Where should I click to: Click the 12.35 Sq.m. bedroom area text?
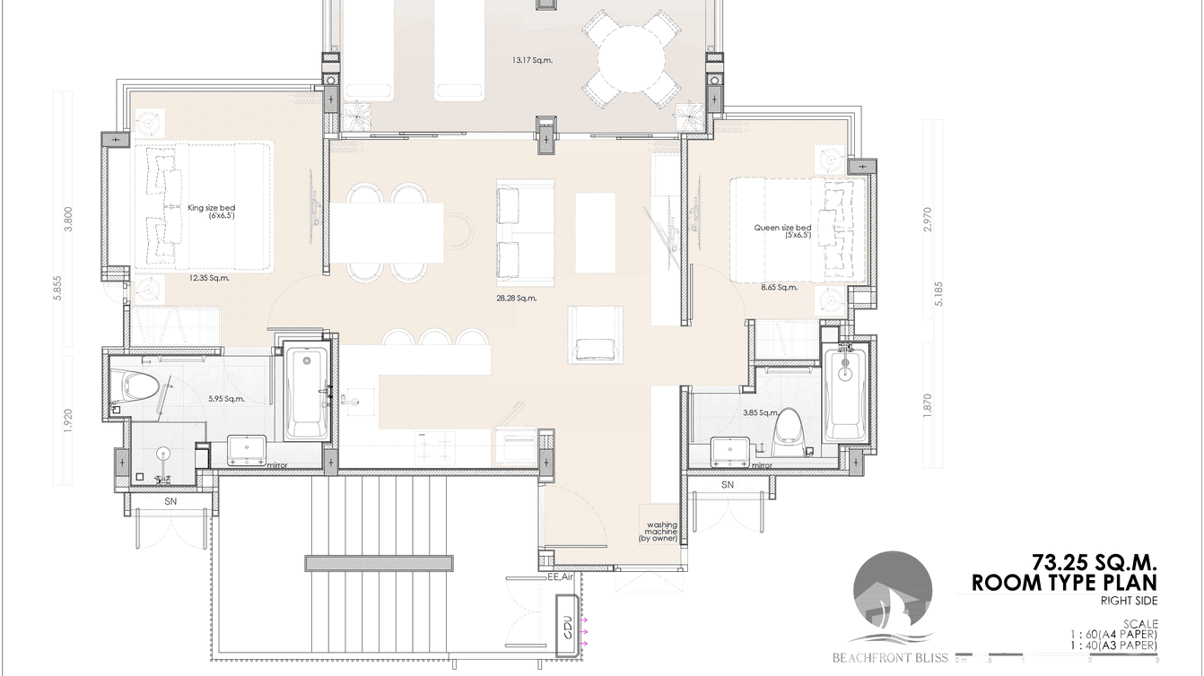[x=209, y=278]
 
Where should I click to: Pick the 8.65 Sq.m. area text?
[x=779, y=288]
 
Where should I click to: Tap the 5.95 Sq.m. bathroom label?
[x=226, y=399]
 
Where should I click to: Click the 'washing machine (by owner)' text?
[x=657, y=532]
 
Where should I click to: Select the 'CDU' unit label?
[x=567, y=628]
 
